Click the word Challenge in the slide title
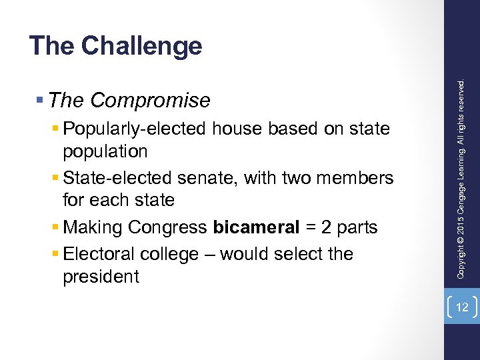click(141, 46)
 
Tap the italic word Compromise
click(150, 100)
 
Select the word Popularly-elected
click(135, 128)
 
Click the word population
click(105, 151)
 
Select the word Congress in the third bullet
click(167, 227)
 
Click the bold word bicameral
click(256, 227)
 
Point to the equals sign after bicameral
click(311, 227)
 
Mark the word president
click(101, 277)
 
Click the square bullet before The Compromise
click(41, 101)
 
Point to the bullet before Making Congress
click(55, 228)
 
